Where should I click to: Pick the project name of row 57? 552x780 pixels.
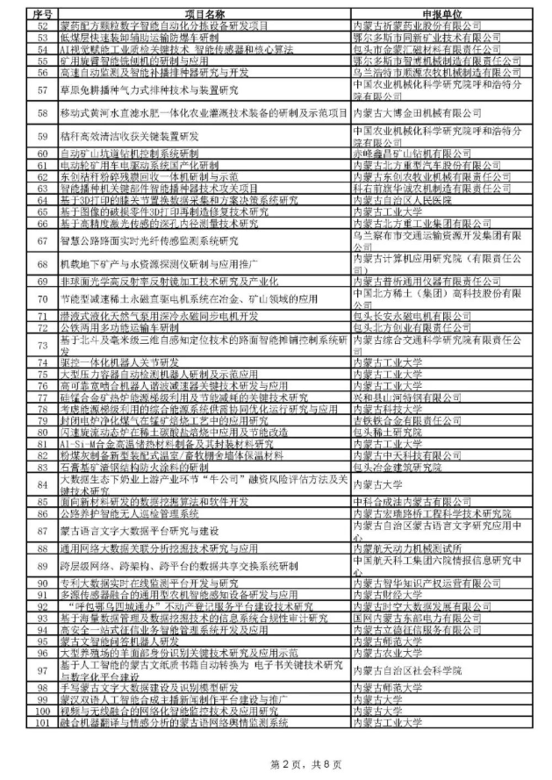tap(140, 90)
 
